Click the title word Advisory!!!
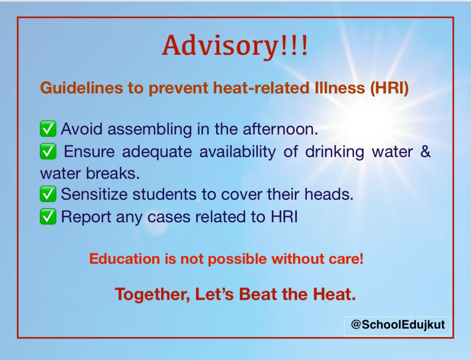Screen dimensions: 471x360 point(235,46)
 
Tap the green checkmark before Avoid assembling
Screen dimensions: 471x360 point(48,129)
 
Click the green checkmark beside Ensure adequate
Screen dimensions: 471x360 point(48,151)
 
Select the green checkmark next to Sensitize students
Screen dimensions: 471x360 point(48,194)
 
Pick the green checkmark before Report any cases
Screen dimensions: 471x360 point(48,216)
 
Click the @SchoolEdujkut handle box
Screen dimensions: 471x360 point(397,326)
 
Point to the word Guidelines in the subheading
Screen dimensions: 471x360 point(81,88)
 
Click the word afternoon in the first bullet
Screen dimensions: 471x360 point(280,129)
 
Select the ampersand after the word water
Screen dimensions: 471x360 point(425,151)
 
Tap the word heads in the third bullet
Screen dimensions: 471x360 point(329,194)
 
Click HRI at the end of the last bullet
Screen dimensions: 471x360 point(284,216)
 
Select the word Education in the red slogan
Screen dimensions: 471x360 point(125,259)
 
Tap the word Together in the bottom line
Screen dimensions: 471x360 point(152,294)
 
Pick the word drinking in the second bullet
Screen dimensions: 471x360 point(335,152)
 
